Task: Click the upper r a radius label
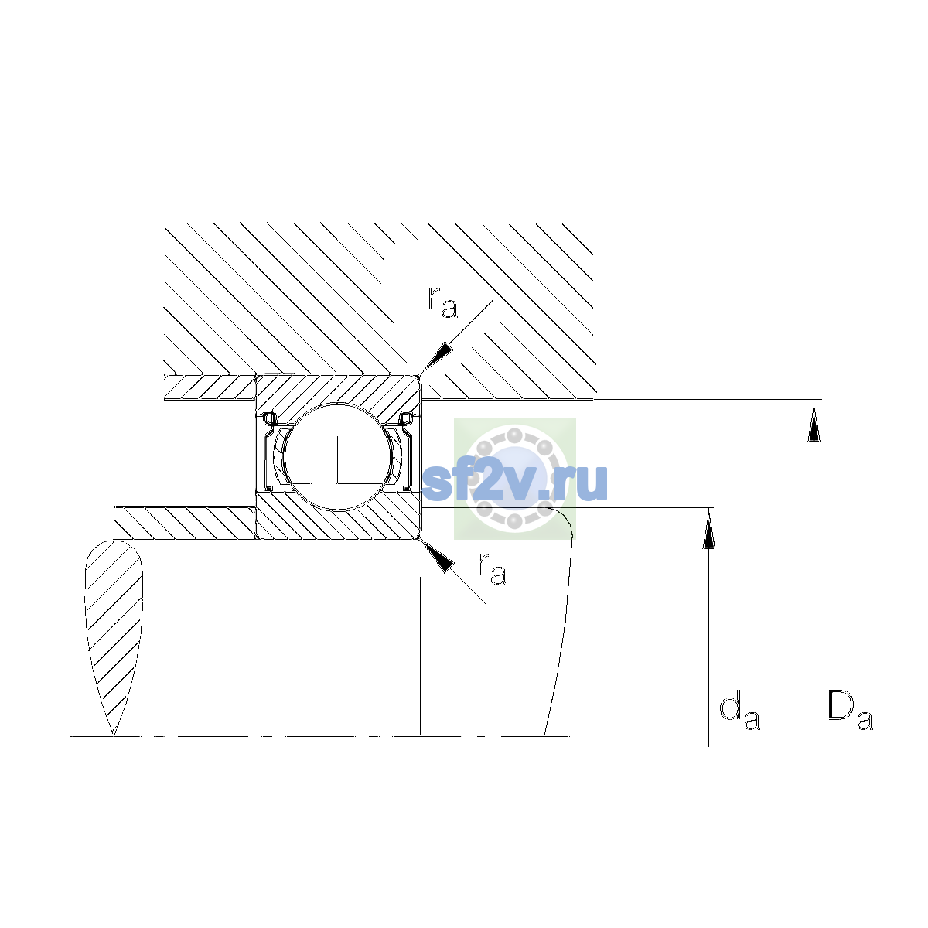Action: [442, 302]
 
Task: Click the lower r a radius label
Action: [492, 568]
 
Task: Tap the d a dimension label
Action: [739, 713]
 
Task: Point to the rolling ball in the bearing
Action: [339, 456]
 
